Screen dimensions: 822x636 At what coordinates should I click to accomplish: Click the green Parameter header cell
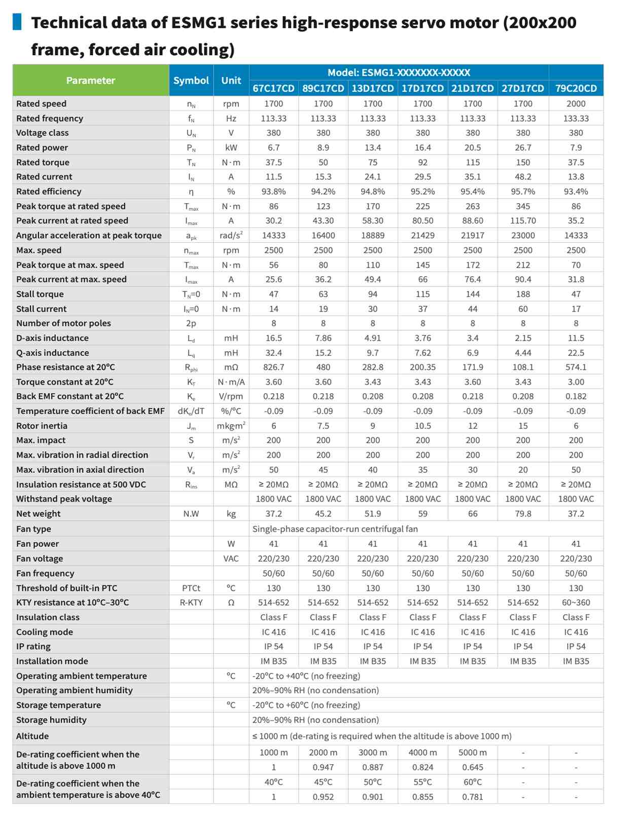point(91,80)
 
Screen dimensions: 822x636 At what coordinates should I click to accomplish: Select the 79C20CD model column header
point(576,88)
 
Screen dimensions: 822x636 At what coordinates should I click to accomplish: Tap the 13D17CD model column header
point(373,88)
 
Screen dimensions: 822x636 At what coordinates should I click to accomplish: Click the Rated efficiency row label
point(49,192)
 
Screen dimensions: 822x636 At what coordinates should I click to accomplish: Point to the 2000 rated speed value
point(576,103)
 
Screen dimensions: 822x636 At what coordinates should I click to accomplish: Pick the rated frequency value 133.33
point(576,118)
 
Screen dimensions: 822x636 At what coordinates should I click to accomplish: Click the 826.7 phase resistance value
point(273,367)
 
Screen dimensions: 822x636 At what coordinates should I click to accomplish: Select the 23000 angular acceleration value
point(523,235)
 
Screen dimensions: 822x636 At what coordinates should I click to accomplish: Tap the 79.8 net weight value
point(523,513)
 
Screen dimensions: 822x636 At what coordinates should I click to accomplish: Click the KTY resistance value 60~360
point(576,602)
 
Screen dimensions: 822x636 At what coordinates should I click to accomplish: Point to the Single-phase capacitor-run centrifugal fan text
point(335,529)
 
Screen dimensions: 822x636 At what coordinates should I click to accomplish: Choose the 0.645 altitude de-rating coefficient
point(473,767)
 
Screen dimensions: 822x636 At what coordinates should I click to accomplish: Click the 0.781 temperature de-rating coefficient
point(473,797)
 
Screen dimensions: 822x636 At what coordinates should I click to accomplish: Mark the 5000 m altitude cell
point(473,753)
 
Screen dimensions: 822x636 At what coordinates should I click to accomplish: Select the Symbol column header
point(191,80)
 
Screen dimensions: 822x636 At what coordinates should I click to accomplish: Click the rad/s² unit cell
point(231,235)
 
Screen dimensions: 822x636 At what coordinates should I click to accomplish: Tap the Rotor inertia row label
point(42,426)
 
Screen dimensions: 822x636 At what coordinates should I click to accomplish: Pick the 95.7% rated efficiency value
point(523,192)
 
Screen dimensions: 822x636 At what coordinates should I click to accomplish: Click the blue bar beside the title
point(17,22)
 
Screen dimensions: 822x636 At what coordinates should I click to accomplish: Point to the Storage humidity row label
point(51,720)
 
